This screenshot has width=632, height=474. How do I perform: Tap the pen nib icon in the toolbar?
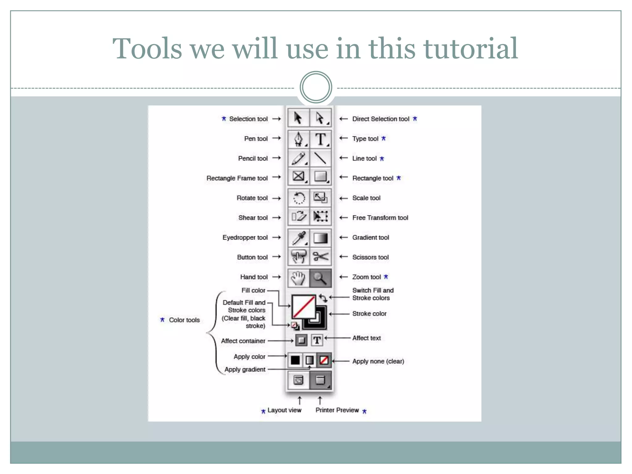pyautogui.click(x=298, y=139)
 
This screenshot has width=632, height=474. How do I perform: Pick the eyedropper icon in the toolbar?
pyautogui.click(x=299, y=238)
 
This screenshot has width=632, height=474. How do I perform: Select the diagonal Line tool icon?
pyautogui.click(x=320, y=158)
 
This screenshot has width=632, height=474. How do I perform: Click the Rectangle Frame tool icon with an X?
pyautogui.click(x=298, y=177)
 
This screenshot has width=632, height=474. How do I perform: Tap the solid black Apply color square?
pyautogui.click(x=295, y=360)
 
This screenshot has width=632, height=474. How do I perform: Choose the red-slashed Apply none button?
pyautogui.click(x=324, y=360)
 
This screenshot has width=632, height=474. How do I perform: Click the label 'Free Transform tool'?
pyautogui.click(x=380, y=218)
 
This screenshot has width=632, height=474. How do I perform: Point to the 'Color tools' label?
pyautogui.click(x=184, y=320)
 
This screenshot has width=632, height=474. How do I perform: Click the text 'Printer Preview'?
pyautogui.click(x=337, y=410)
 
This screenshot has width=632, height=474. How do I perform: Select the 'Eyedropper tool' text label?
pyautogui.click(x=245, y=238)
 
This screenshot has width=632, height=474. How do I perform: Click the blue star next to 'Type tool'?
pyautogui.click(x=384, y=138)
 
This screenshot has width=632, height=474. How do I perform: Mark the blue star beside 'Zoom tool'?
pyautogui.click(x=386, y=277)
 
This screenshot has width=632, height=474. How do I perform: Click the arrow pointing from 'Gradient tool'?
pyautogui.click(x=343, y=237)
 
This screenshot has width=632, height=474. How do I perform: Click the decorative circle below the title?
pyautogui.click(x=316, y=87)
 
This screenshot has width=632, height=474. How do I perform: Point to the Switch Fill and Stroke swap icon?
pyautogui.click(x=323, y=298)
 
